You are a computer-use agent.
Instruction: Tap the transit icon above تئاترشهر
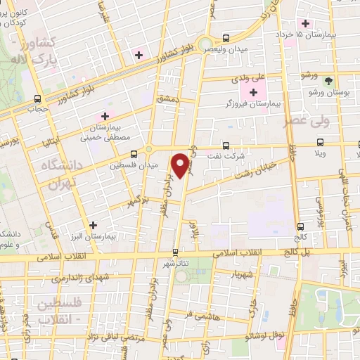(x=175, y=252)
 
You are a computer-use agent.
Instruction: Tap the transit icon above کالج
(x=301, y=226)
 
